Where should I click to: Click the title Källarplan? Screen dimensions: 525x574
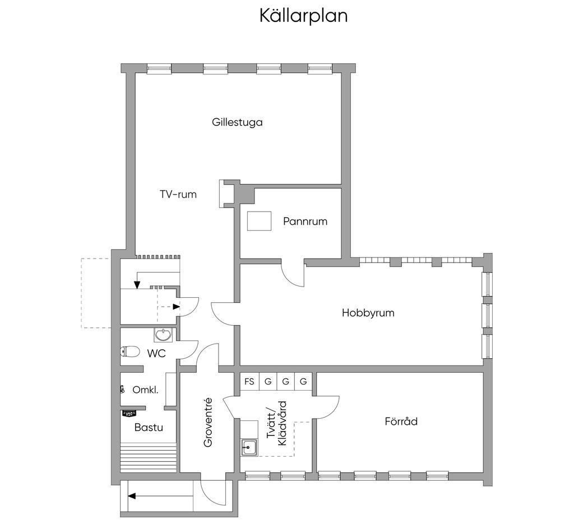[x=303, y=16]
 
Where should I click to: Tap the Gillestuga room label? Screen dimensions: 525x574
[x=237, y=122]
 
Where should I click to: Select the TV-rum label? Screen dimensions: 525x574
[x=178, y=195]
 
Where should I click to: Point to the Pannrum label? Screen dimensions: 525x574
[x=305, y=221]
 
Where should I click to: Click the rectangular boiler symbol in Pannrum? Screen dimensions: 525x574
[x=259, y=221]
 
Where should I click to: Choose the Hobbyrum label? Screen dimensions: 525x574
[x=368, y=313]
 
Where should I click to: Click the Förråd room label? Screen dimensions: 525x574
[x=401, y=421]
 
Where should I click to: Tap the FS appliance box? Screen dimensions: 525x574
[x=249, y=382]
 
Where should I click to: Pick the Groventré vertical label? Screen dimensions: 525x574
[x=208, y=422]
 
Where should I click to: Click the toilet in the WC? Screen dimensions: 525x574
[x=130, y=351]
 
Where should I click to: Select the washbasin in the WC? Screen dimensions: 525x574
[x=164, y=335]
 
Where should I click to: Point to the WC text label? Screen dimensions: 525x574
[x=156, y=353]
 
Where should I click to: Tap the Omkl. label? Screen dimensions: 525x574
[x=145, y=390]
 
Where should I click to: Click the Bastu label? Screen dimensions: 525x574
[x=149, y=427]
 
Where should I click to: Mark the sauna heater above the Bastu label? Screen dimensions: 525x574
[x=129, y=414]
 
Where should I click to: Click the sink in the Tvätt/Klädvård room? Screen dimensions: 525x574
[x=249, y=447]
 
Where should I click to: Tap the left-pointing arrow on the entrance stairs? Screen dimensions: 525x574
[x=133, y=495]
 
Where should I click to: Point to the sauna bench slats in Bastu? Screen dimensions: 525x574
[x=149, y=456]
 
